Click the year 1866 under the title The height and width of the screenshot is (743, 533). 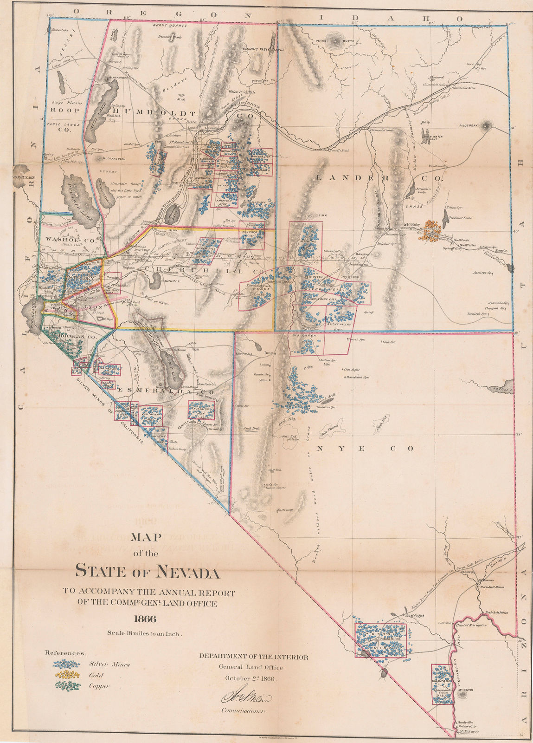[144, 619]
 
